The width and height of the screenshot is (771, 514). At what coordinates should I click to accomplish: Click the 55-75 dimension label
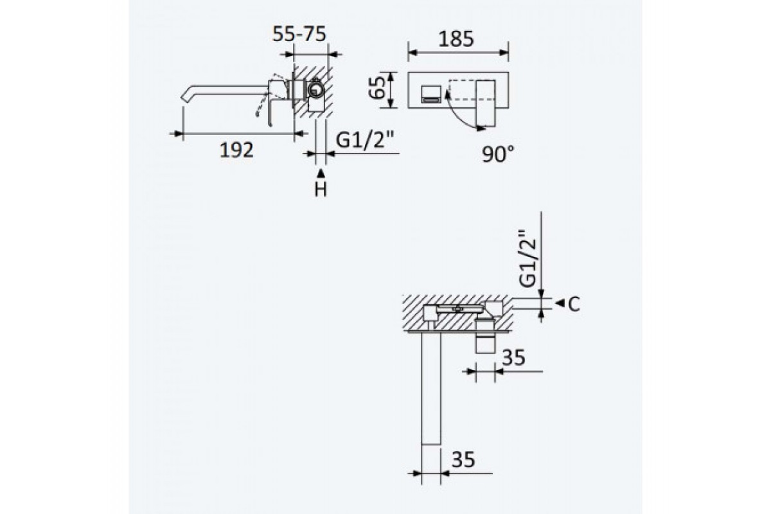[299, 34]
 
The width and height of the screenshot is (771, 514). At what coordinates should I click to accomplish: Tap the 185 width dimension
[456, 39]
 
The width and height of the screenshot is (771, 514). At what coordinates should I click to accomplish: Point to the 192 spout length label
[236, 150]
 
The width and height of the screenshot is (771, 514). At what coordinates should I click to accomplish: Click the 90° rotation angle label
[498, 154]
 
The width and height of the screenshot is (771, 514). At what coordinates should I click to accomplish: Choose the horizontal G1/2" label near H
[364, 140]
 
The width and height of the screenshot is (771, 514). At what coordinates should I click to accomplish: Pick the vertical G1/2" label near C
[527, 258]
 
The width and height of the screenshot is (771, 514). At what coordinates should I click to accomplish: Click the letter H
[321, 189]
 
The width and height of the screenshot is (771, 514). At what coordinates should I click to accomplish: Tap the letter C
[574, 304]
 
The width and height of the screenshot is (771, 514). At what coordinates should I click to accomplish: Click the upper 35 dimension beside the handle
[513, 357]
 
